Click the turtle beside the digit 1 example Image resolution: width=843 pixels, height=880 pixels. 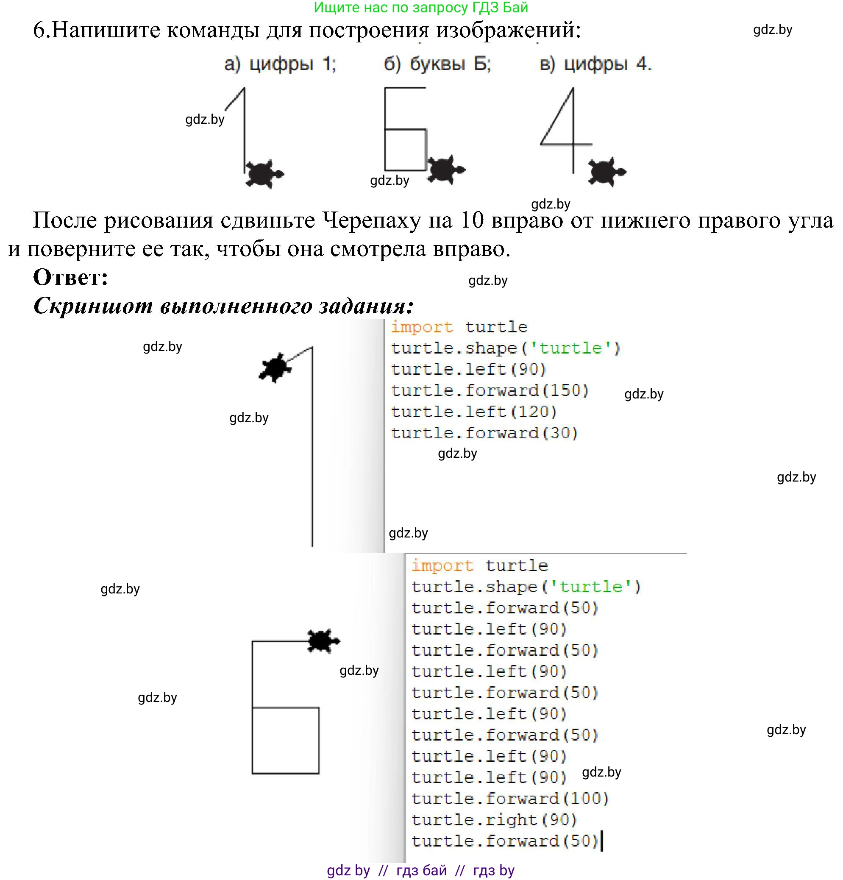[x=264, y=174]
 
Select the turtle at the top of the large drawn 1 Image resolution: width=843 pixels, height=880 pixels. [x=275, y=368]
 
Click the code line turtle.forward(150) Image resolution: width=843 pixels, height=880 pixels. [x=489, y=390]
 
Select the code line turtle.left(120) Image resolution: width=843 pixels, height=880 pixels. [x=473, y=412]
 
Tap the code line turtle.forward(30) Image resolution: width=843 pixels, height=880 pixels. [x=484, y=433]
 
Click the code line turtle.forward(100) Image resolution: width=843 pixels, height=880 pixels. [x=509, y=798]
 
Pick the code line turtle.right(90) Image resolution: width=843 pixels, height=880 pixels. [x=494, y=819]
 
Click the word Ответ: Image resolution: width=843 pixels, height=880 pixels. [x=70, y=277]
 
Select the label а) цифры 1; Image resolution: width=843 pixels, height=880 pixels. [x=280, y=64]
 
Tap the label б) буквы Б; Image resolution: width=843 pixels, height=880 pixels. [x=437, y=64]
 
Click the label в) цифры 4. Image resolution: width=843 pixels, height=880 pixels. [x=595, y=64]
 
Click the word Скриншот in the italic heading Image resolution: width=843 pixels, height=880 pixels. [x=93, y=306]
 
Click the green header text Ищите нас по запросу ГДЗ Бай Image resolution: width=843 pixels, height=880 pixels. [x=420, y=7]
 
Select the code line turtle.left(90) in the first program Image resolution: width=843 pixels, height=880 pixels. [x=468, y=369]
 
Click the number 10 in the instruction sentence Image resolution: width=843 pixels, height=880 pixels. [x=472, y=220]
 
